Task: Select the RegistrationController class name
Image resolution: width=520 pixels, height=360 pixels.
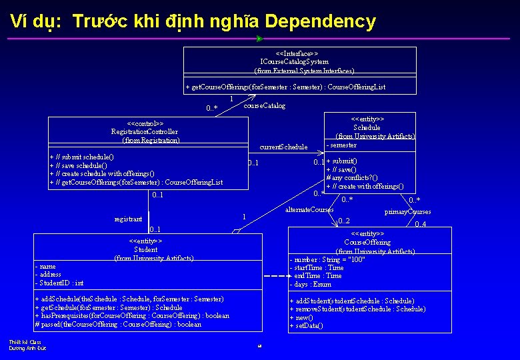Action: pyautogui.click(x=145, y=132)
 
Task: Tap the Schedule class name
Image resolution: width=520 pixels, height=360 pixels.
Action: pyautogui.click(x=367, y=127)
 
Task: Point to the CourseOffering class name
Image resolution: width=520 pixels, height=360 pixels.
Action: pyautogui.click(x=367, y=242)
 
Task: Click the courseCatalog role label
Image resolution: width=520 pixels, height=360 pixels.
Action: pyautogui.click(x=264, y=106)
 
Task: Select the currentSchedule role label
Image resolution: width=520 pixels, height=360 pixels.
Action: pyautogui.click(x=283, y=147)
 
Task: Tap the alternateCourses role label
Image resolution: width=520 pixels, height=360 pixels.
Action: pyautogui.click(x=309, y=210)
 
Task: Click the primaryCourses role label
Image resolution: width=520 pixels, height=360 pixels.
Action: pyautogui.click(x=407, y=212)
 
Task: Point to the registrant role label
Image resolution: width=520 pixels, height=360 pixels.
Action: pyautogui.click(x=129, y=219)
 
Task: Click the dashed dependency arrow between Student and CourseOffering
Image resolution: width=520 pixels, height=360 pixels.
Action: pyautogui.click(x=273, y=277)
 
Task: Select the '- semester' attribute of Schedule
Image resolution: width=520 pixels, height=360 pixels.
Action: pyautogui.click(x=341, y=145)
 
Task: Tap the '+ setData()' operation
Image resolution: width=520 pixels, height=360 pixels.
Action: pyautogui.click(x=307, y=325)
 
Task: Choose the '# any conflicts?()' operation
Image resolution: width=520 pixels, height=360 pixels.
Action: pyautogui.click(x=351, y=178)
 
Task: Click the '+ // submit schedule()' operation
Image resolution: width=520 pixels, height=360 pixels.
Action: pyautogui.click(x=82, y=157)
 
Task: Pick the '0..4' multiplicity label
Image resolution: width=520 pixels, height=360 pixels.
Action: pyautogui.click(x=421, y=225)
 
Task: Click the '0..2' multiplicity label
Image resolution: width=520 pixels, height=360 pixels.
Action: pyautogui.click(x=344, y=221)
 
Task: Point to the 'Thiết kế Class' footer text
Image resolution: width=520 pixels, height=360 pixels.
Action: pyautogui.click(x=25, y=342)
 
